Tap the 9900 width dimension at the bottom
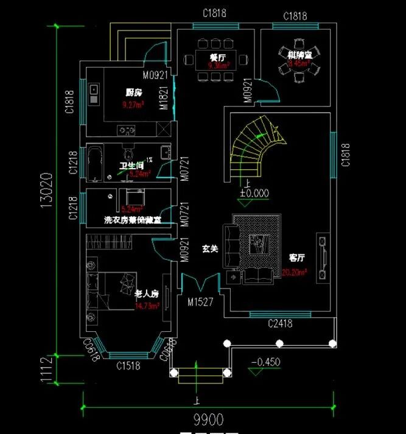208,419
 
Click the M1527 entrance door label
200,302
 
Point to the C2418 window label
281,324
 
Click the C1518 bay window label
128,365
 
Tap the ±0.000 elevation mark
254,194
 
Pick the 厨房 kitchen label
134,93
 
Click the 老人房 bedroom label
146,294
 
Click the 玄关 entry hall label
210,248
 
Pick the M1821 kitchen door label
164,97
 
